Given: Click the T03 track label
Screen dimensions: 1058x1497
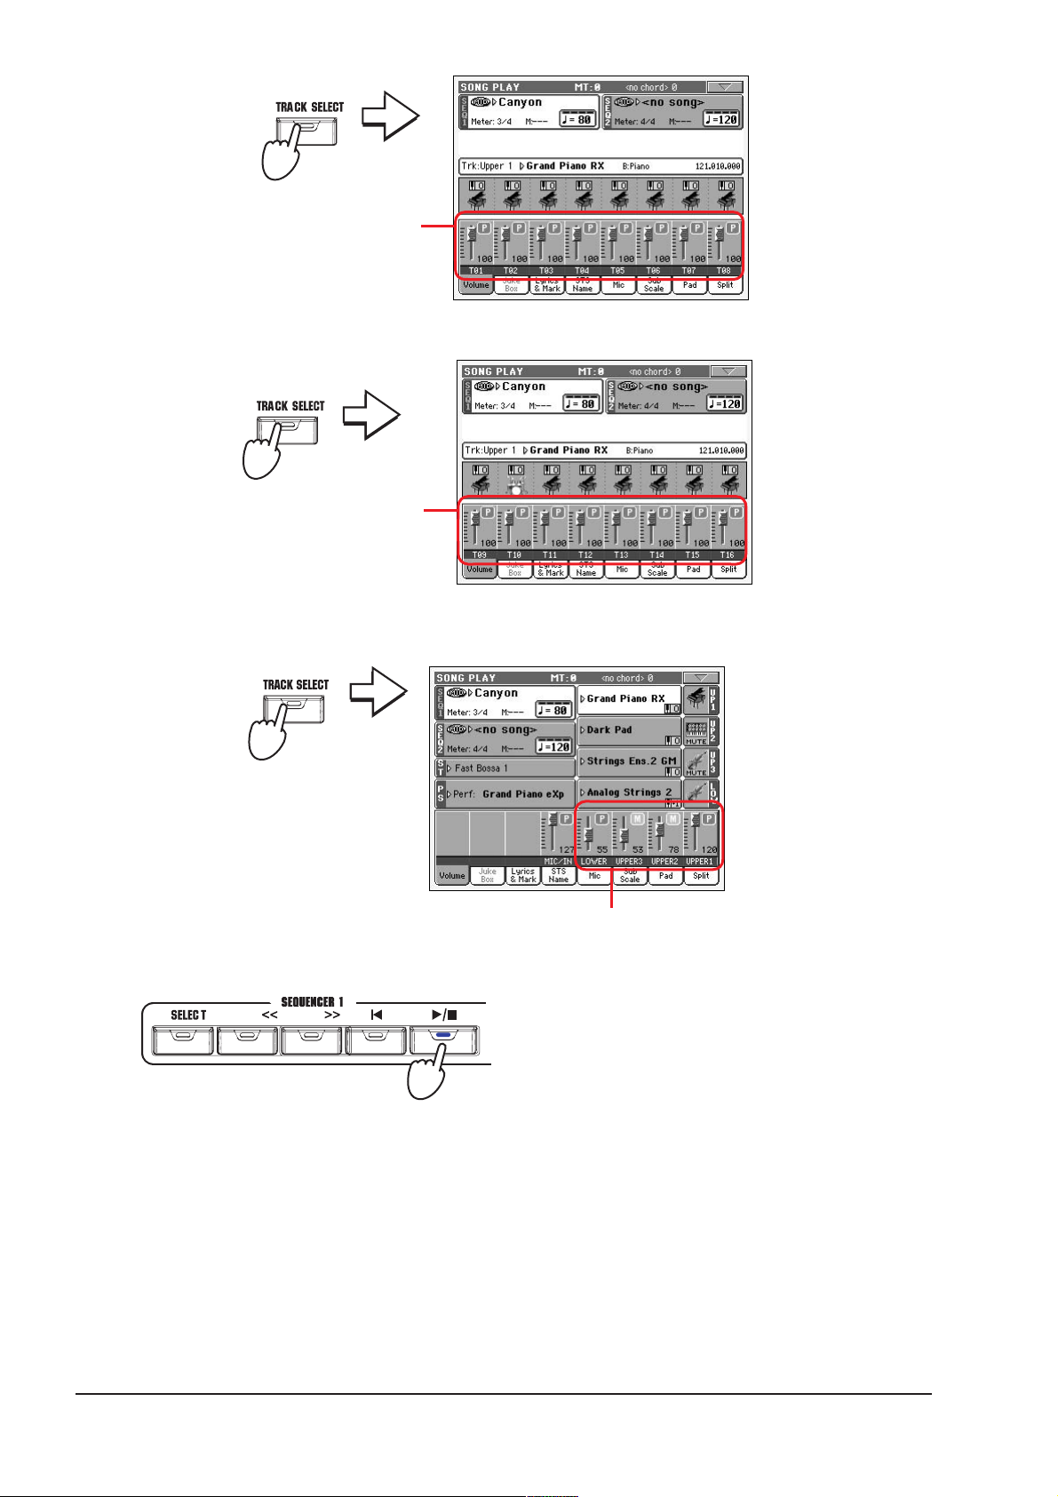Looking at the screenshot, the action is click(x=546, y=271).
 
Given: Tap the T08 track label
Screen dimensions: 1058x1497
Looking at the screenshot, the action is click(x=724, y=271).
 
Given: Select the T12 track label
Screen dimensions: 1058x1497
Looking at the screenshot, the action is click(x=585, y=555).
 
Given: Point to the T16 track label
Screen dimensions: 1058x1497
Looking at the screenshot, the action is click(x=728, y=555).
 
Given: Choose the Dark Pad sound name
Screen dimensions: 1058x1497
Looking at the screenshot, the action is click(x=609, y=730).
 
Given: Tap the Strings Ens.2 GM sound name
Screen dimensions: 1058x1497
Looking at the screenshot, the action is click(x=631, y=761).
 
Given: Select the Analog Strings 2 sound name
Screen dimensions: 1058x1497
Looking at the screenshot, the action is click(x=629, y=792).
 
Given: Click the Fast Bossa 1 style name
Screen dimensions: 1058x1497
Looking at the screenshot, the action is click(x=481, y=768).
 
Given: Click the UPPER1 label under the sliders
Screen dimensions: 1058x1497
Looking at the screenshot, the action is click(x=699, y=862).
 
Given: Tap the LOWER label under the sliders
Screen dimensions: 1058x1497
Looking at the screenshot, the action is click(x=593, y=862).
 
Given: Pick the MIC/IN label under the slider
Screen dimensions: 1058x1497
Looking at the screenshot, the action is click(x=558, y=862).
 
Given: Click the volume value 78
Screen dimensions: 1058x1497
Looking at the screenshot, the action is click(x=673, y=850).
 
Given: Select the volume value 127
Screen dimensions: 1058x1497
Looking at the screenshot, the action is click(x=566, y=850).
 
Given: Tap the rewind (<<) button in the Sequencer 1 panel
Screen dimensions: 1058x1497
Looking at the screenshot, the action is click(x=247, y=1039).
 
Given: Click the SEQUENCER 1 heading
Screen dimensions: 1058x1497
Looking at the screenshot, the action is click(x=312, y=1002).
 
